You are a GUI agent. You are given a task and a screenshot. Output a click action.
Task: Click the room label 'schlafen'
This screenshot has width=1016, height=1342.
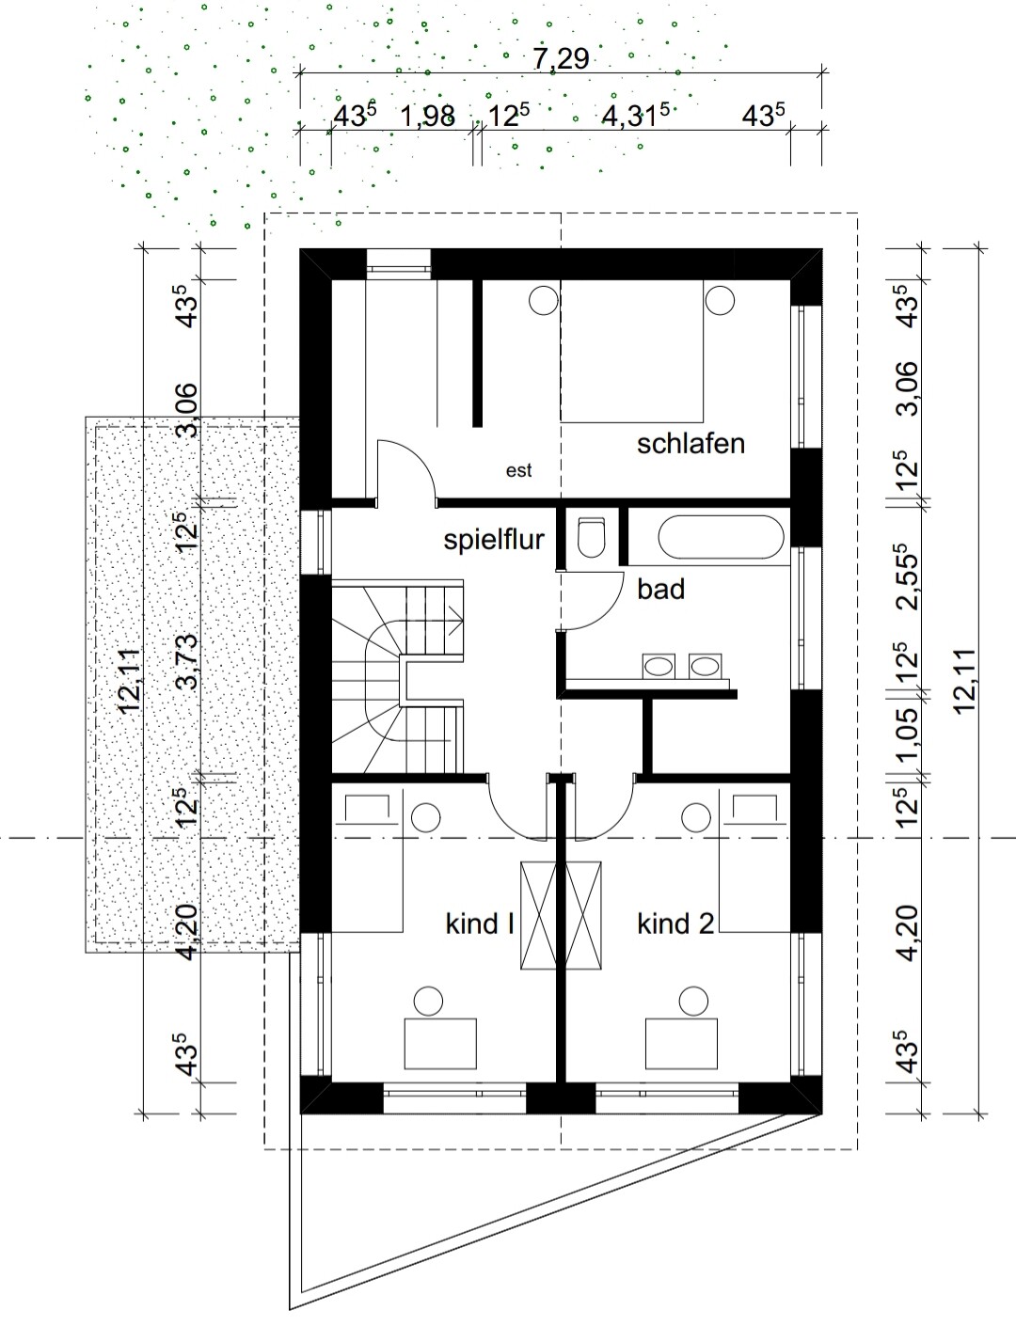coord(691,444)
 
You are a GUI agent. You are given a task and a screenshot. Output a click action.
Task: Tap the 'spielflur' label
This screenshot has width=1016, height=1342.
coord(494,541)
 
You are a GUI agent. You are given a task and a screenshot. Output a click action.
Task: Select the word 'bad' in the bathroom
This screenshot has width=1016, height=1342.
coord(660,590)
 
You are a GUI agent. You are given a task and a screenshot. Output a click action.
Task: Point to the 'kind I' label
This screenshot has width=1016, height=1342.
coord(479,924)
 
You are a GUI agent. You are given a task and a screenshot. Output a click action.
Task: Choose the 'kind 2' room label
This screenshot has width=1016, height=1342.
coord(675,924)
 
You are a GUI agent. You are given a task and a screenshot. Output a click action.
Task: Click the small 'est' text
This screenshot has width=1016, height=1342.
coord(519,471)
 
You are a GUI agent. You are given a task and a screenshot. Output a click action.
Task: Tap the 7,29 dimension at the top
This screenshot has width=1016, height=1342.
coord(562,59)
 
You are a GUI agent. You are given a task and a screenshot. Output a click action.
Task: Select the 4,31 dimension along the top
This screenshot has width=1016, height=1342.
coord(636,115)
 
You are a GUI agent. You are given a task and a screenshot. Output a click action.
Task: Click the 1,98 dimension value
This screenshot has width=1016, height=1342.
coord(428,116)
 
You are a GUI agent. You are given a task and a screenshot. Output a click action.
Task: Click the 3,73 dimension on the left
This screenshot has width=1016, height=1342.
coord(188,662)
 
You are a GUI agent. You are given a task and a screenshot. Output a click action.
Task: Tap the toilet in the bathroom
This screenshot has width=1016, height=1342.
coord(591,538)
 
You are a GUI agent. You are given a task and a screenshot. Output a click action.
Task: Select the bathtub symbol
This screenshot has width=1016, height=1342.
coord(721,537)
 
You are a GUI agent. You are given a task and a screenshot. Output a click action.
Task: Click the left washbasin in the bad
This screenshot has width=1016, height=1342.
coord(659,666)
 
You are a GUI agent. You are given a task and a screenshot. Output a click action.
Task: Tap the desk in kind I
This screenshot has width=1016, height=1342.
coord(440,1044)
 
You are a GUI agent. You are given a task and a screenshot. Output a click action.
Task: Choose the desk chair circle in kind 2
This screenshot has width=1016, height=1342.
coord(693,1002)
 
